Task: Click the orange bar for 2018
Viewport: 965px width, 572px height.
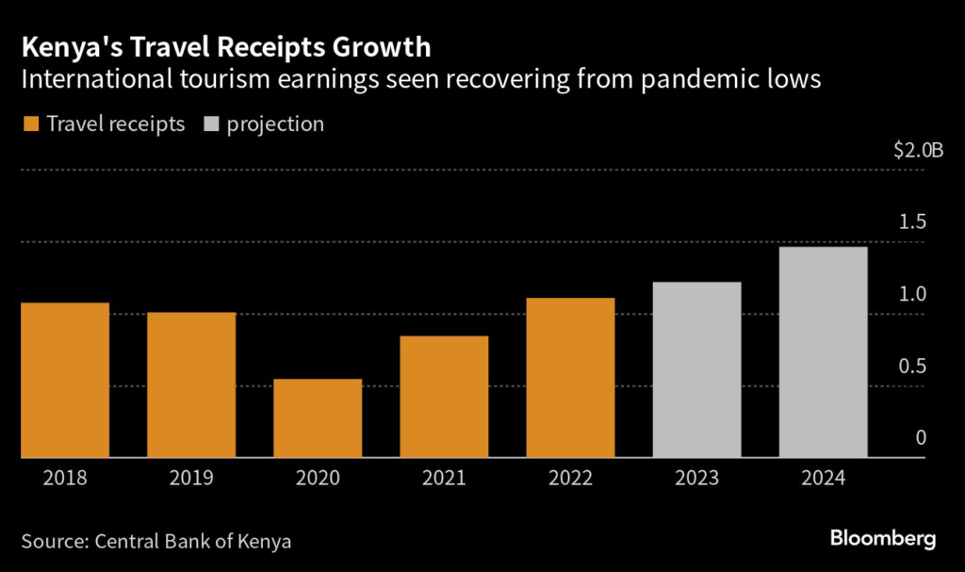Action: (64, 380)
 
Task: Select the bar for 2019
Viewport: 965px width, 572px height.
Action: (191, 384)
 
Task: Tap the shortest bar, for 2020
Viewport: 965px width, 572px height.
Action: (318, 418)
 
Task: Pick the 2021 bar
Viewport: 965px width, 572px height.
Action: (444, 397)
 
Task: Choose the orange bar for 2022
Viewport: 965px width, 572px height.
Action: (570, 378)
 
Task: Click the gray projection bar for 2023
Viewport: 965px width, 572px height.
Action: (697, 369)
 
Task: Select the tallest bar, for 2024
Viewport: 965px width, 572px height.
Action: (823, 351)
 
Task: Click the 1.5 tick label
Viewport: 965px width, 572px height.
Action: (912, 222)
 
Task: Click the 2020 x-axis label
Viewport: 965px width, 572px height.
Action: (318, 479)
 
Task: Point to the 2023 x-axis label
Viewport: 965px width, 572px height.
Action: (697, 479)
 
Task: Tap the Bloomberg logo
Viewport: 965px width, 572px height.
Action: (883, 539)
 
